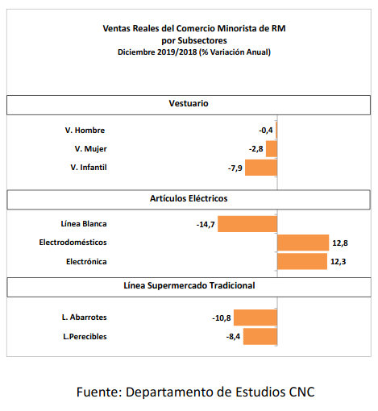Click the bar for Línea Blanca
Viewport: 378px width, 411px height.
pos(247,224)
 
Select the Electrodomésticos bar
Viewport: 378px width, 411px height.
pos(303,243)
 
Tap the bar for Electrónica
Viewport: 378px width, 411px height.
pos(302,261)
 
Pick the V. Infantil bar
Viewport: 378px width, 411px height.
pos(261,168)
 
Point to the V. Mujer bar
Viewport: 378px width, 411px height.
pos(272,149)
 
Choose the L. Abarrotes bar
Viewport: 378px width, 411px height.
pos(255,318)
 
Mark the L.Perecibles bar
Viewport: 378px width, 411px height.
pos(260,336)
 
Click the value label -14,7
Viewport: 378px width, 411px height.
pos(206,224)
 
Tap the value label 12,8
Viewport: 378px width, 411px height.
pos(340,243)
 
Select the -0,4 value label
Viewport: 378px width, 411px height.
pos(266,131)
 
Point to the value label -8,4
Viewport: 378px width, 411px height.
pos(233,337)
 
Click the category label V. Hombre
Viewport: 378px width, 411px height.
pos(85,131)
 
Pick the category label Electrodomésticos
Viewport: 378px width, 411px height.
pos(73,243)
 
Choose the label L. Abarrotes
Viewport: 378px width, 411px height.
pos(85,318)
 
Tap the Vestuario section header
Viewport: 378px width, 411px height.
pos(189,103)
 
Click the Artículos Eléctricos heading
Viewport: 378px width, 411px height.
pos(189,198)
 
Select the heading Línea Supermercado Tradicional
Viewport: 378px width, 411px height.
pos(189,285)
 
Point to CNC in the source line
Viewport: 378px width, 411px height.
pos(301,392)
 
